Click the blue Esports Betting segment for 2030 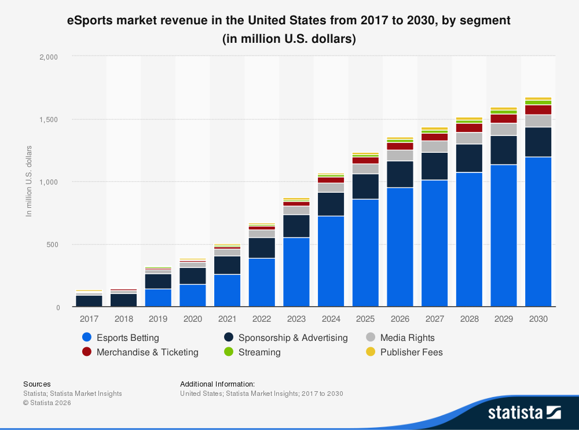tap(538, 231)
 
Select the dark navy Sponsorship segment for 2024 tap(331, 204)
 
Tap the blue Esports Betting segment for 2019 tap(158, 297)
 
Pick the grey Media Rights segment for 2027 tap(434, 146)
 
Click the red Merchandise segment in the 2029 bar tap(503, 119)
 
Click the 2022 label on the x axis tap(262, 319)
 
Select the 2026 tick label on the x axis tap(400, 319)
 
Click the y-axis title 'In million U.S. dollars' tap(28, 181)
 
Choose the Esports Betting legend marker tap(87, 337)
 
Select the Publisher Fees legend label tap(411, 352)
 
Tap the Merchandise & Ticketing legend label tap(147, 352)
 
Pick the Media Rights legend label tap(407, 337)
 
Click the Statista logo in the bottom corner tap(524, 412)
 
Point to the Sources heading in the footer tap(36, 384)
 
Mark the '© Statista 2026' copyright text tap(47, 403)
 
